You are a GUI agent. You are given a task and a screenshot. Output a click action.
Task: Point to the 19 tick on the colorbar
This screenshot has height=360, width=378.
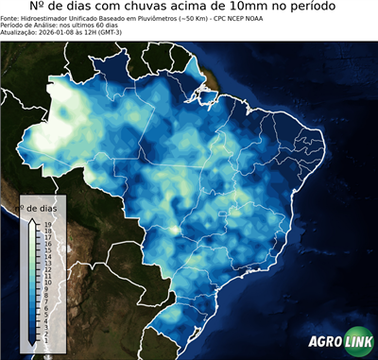point(46,224)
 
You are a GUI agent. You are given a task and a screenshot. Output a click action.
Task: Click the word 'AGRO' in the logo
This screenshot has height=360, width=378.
point(324,342)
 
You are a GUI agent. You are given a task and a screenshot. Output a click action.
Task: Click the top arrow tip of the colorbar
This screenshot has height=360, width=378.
point(34,219)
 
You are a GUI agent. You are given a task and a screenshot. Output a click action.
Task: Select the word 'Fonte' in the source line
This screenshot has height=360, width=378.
point(11,18)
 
